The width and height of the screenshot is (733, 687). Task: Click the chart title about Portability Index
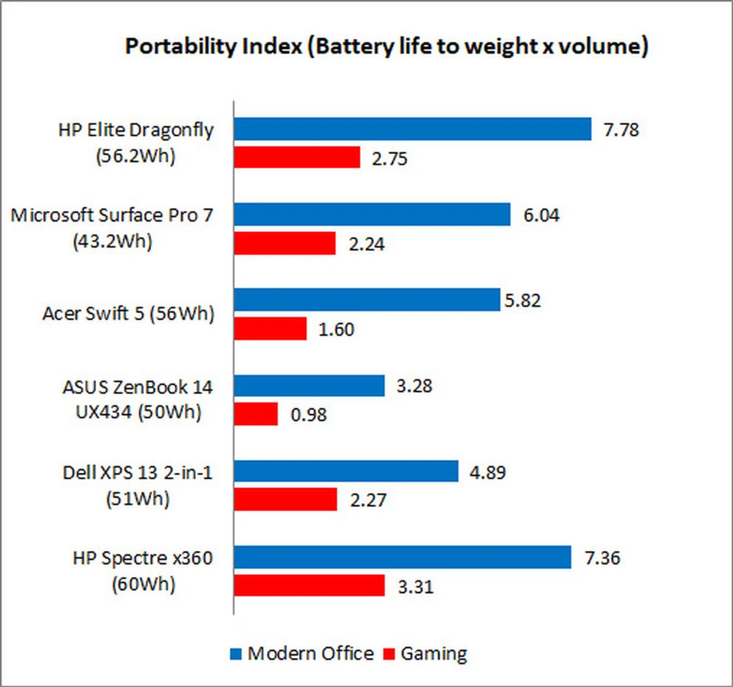[x=386, y=47]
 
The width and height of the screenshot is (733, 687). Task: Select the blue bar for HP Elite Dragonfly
[x=412, y=129]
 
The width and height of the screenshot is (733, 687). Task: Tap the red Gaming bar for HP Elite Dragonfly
[x=297, y=157]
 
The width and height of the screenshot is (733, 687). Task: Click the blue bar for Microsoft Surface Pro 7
[x=372, y=214]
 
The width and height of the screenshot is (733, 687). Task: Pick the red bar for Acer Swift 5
[x=270, y=329]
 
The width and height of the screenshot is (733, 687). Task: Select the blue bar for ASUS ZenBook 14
[x=309, y=386]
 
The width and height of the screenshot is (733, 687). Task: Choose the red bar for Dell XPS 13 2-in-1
[x=286, y=499]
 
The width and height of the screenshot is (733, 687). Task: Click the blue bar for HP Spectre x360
[x=402, y=557]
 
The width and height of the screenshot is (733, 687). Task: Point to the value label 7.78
[x=621, y=130]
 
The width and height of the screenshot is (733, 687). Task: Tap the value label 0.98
[x=308, y=415]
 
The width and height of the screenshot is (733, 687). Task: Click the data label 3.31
[x=416, y=587]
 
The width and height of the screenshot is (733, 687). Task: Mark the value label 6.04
[x=541, y=215]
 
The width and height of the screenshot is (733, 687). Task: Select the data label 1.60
[x=336, y=330]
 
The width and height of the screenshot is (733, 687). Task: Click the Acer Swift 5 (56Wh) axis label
[x=128, y=314]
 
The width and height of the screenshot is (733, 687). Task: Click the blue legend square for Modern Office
[x=236, y=654]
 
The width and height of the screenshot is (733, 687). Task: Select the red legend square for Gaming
[x=389, y=654]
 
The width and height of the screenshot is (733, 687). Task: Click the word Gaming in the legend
[x=434, y=654]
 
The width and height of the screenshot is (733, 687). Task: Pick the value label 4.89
[x=487, y=473]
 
